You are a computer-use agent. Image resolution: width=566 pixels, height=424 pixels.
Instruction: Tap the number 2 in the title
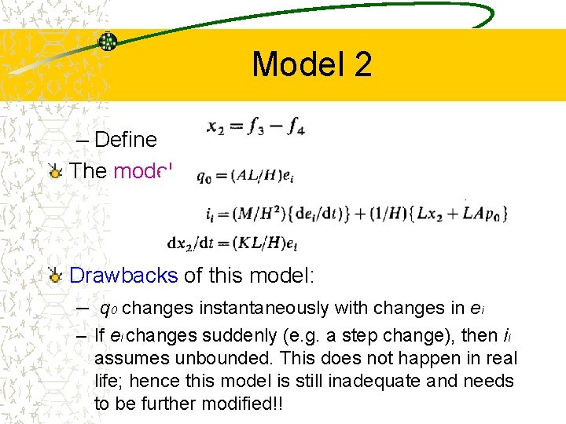[362, 64]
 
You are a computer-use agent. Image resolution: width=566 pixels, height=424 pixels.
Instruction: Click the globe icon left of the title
[108, 42]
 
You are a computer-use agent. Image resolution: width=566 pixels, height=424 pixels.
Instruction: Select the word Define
[126, 140]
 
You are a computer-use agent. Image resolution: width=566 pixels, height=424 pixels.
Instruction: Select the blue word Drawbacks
[123, 276]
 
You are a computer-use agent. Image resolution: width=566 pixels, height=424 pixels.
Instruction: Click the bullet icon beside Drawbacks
[54, 276]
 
